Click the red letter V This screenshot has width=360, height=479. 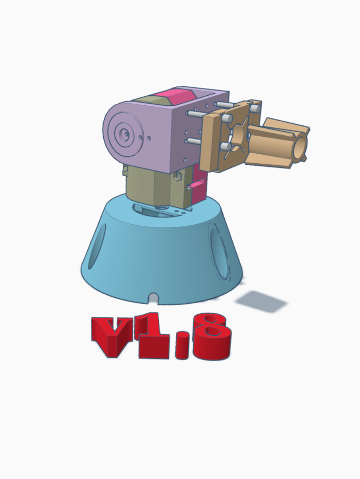click(x=113, y=334)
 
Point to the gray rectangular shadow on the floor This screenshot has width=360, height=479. click(x=261, y=301)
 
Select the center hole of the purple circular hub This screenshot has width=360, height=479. click(x=125, y=134)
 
